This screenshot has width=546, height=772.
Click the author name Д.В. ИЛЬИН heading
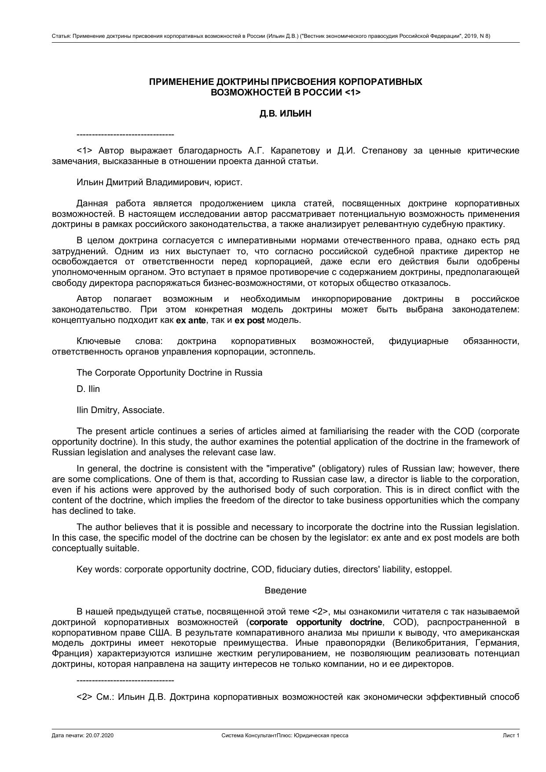pyautogui.click(x=285, y=113)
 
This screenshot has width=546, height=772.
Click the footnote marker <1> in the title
pyautogui.click(x=352, y=92)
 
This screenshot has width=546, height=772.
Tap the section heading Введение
pyautogui.click(x=286, y=590)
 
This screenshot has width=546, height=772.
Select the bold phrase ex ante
pyautogui.click(x=191, y=321)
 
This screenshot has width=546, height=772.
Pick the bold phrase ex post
pyautogui.click(x=249, y=321)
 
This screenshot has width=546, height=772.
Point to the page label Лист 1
pyautogui.click(x=511, y=735)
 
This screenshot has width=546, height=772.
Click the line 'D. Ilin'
pyautogui.click(x=88, y=389)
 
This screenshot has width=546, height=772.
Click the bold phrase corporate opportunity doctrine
pyautogui.click(x=316, y=622)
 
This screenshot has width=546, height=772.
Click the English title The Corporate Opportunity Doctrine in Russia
pyautogui.click(x=169, y=373)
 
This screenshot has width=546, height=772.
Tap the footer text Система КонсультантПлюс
pyautogui.click(x=257, y=735)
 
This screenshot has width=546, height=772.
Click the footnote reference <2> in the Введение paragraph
pyautogui.click(x=320, y=612)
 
